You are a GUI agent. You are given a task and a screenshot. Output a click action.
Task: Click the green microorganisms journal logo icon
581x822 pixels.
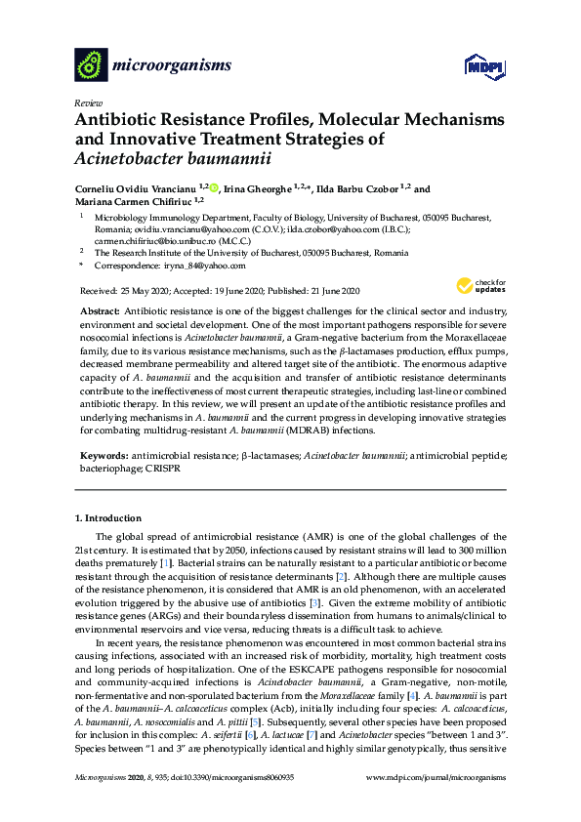click(x=92, y=64)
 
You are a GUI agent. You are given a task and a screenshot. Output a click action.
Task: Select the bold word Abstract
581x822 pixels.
click(x=100, y=309)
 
